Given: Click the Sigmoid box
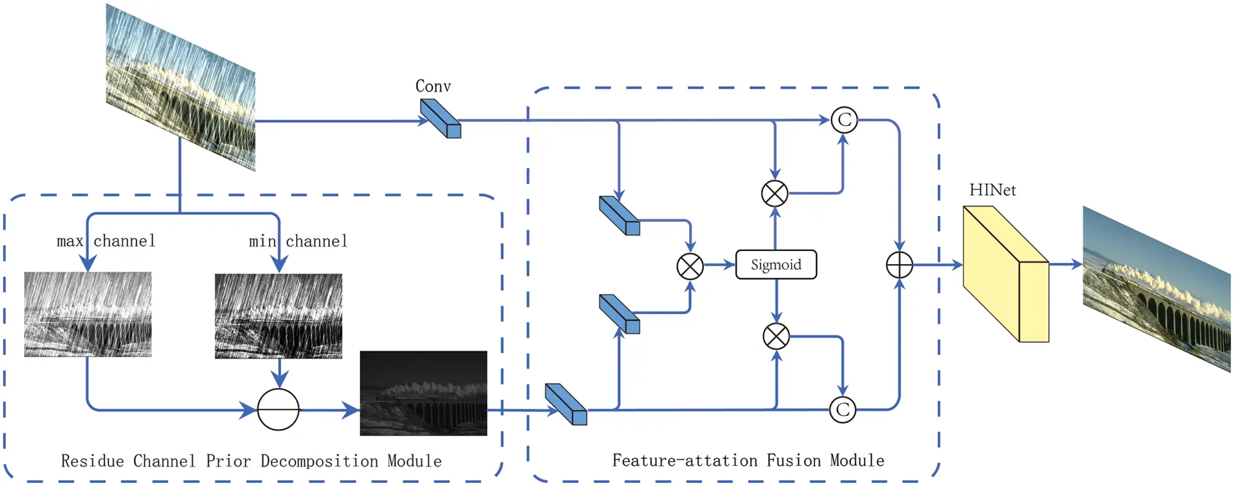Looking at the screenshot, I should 775,265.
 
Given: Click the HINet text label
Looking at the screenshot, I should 992,190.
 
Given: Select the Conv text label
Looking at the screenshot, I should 433,86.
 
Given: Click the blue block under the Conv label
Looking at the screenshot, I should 440,118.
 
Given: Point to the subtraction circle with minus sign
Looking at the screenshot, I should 278,409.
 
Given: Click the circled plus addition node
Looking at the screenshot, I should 900,265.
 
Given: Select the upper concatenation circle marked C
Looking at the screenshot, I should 844,120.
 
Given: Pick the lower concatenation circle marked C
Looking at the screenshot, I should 842,409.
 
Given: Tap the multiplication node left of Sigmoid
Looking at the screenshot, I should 690,266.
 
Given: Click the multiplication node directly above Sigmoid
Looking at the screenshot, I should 774,193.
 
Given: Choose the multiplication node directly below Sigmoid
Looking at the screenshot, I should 775,336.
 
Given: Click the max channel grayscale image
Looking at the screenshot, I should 88,314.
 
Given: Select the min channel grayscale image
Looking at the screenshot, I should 278,315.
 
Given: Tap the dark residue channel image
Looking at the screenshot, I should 423,393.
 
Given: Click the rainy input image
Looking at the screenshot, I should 181,88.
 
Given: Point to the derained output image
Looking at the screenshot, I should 1156,289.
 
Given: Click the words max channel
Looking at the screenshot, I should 106,241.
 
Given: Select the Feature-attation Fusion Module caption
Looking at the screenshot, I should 748,461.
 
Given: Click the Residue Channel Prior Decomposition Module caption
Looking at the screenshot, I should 251,461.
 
